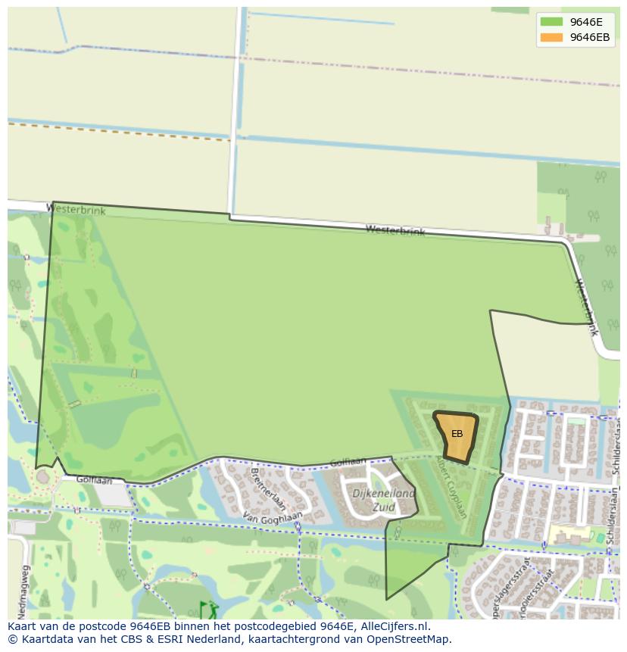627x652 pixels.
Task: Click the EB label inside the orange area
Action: tap(457, 434)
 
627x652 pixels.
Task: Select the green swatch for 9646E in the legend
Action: tap(551, 22)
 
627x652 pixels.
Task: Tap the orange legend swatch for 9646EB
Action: tap(551, 37)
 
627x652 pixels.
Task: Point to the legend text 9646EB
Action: tap(589, 37)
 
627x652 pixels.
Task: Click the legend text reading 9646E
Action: tap(586, 22)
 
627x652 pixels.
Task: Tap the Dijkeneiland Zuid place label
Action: tap(383, 501)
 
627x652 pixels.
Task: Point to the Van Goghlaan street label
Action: tap(273, 516)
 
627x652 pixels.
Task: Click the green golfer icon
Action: tap(208, 610)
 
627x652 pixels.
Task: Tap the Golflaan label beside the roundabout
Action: tap(94, 480)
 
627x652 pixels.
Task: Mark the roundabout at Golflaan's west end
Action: tap(43, 477)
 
